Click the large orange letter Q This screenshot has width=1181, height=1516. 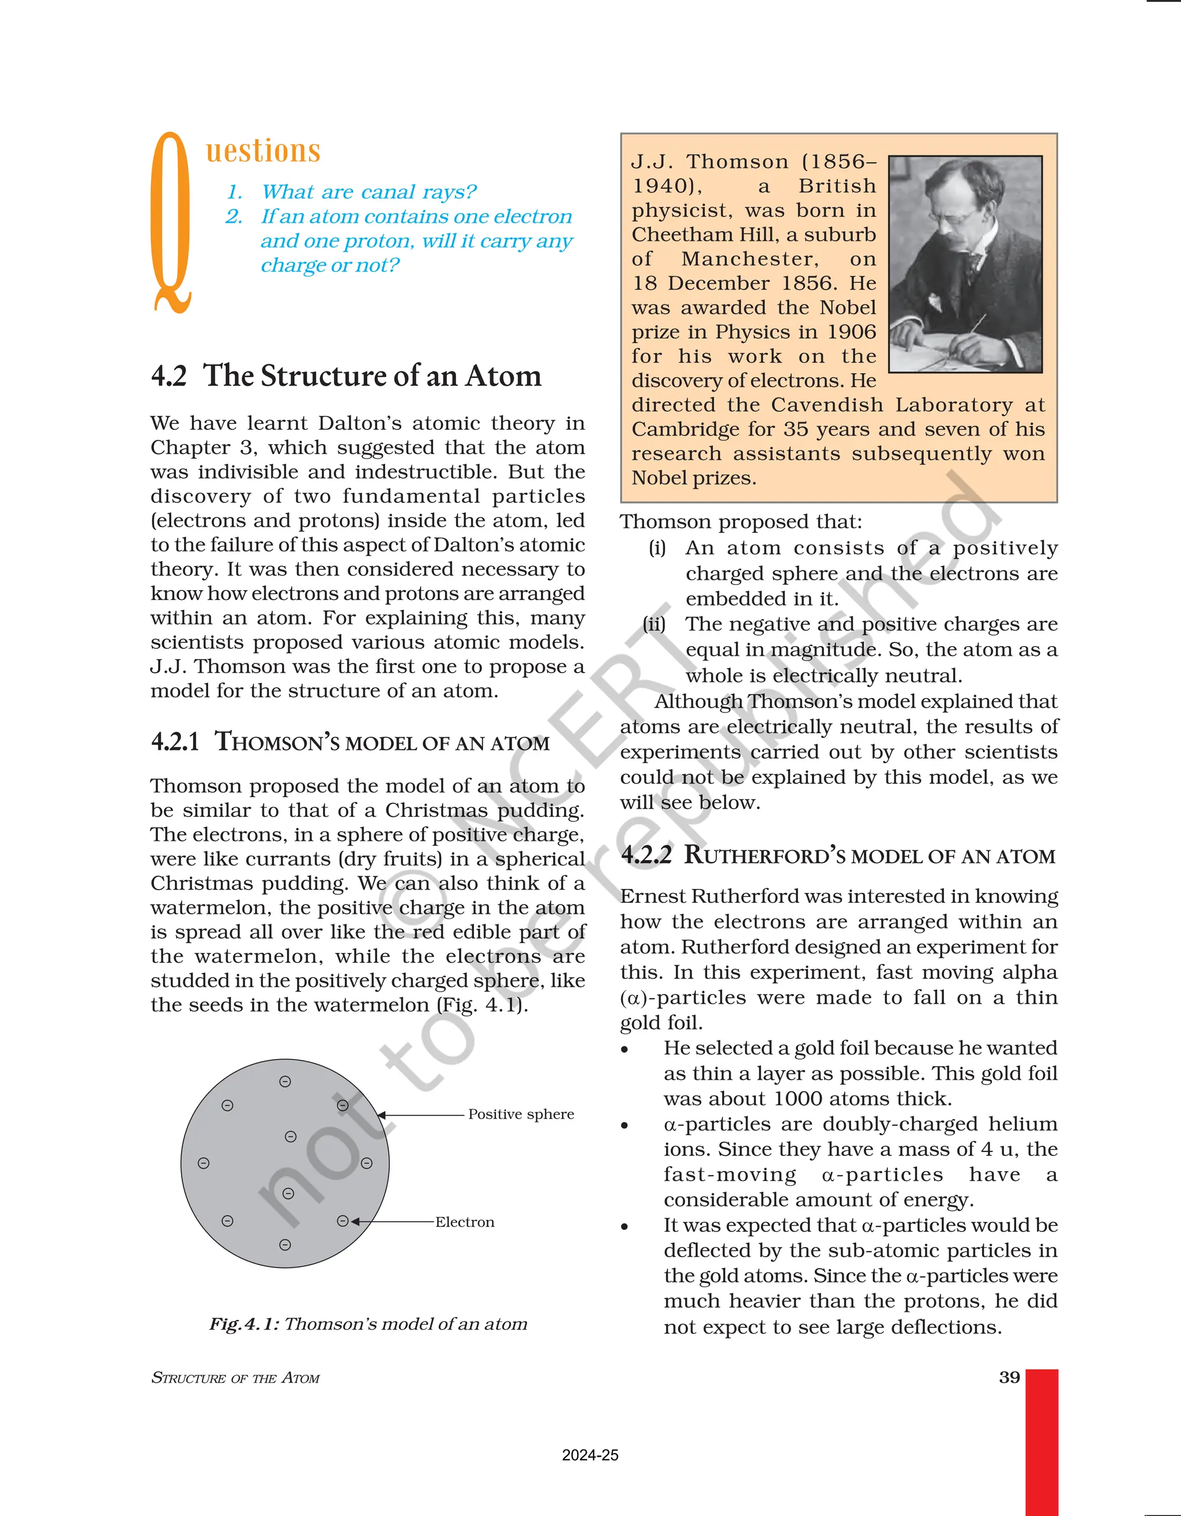171,222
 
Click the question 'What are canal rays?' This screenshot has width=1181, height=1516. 368,192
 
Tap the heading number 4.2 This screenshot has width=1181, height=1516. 168,376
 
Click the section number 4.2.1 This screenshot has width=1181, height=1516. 175,741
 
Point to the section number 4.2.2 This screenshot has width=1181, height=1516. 646,854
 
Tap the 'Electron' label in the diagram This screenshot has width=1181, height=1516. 464,1222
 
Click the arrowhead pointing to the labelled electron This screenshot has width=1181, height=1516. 355,1222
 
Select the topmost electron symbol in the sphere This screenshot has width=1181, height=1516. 284,1082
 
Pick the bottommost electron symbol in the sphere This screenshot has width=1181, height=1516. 284,1245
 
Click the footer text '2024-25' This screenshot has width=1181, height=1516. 590,1455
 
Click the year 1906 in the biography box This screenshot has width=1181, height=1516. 852,332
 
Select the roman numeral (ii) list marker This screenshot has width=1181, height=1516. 655,624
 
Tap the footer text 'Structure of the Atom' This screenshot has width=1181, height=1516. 235,1378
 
